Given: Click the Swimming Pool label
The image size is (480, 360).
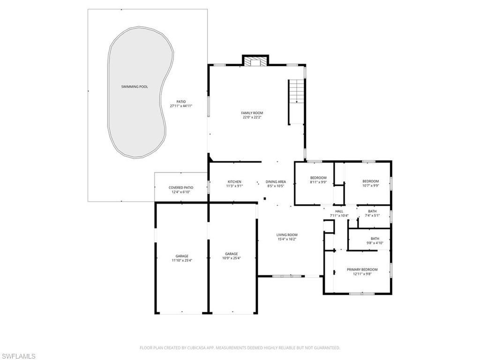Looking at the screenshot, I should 135,87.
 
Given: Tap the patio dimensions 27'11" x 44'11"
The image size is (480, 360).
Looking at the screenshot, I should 181,106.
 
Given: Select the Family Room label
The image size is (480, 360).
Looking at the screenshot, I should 252,113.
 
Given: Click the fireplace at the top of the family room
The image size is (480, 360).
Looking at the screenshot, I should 255,62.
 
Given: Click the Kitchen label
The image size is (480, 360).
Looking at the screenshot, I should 234,182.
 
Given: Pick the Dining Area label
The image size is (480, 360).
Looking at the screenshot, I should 276,182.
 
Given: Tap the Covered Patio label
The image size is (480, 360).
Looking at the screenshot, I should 181,187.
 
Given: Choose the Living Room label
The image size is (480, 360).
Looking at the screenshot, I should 287,235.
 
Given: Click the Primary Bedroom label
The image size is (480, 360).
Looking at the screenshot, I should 362,270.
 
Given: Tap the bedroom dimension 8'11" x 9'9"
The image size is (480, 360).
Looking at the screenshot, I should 318,182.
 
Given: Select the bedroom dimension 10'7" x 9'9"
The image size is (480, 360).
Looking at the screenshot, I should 370,186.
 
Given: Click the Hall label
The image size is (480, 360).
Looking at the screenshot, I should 339,211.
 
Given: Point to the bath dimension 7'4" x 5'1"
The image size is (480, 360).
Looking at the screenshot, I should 372,216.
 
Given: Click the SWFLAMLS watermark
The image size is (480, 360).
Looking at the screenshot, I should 18,356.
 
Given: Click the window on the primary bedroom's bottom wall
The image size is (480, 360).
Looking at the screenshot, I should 361,294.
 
